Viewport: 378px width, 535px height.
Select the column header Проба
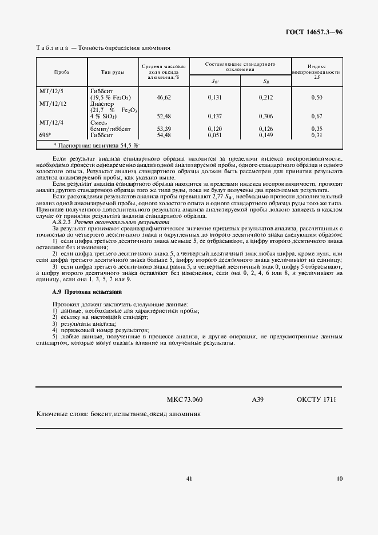coord(62,73)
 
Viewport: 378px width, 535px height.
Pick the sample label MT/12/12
coord(53,104)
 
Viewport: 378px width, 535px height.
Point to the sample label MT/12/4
coord(51,122)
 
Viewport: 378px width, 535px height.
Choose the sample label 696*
coord(45,135)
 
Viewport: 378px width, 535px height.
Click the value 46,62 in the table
coord(164,98)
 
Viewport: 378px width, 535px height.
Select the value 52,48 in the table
coord(164,116)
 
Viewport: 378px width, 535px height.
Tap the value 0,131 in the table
coord(215,98)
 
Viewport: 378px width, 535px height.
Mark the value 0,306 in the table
coord(266,116)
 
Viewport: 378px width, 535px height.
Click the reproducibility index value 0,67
coord(317,116)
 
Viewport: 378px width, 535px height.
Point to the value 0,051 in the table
coord(215,135)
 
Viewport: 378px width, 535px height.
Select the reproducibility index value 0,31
coord(317,135)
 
